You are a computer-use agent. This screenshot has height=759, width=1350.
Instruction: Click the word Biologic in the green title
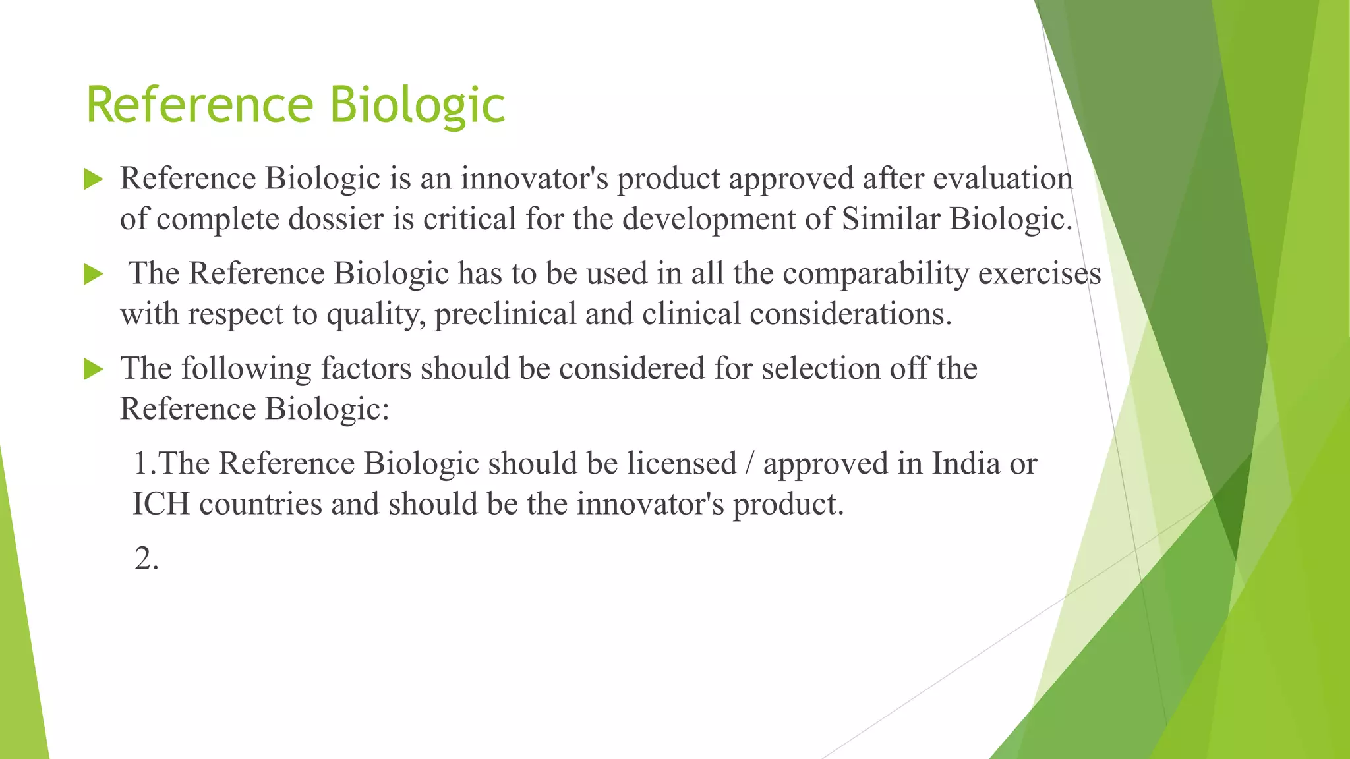(x=417, y=105)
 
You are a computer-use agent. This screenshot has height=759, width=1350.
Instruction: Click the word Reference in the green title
(x=200, y=105)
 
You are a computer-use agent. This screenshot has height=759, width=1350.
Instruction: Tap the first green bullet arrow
(x=94, y=179)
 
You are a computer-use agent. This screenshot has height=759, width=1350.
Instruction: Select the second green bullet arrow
(x=94, y=274)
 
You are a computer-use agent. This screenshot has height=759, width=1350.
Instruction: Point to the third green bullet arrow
(x=94, y=369)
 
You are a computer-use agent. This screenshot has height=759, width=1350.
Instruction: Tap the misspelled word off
(x=908, y=368)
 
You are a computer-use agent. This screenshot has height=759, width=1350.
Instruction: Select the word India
(x=966, y=463)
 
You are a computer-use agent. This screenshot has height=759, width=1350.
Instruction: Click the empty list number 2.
(x=146, y=559)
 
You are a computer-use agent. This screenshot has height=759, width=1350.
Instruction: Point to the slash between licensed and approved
(x=749, y=463)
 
